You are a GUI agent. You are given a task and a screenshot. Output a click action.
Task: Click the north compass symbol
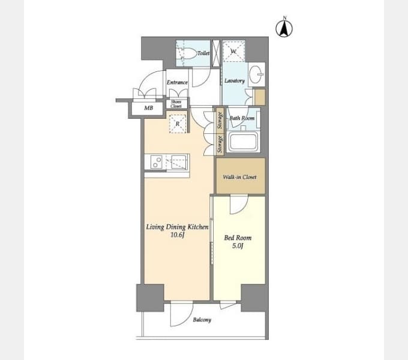point(284,28)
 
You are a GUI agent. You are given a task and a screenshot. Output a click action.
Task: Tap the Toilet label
point(203,53)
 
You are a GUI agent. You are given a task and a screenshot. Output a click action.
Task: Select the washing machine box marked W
point(233,51)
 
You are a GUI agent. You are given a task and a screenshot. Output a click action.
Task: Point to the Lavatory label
point(235,80)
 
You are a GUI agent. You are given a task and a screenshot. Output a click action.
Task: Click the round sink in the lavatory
point(256,74)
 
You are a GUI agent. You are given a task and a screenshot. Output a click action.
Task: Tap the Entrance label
point(177,82)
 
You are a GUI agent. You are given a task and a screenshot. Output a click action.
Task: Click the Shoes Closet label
point(176,104)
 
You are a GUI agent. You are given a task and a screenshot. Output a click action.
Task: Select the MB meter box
point(149,108)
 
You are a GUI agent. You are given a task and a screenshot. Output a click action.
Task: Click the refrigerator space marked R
point(178,124)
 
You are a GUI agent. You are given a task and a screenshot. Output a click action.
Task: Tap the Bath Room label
point(242,118)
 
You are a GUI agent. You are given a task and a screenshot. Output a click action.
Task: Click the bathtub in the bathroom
point(243,142)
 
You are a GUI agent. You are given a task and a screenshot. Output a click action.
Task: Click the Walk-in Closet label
point(239,177)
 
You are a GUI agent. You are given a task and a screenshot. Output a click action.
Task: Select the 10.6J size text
point(178,235)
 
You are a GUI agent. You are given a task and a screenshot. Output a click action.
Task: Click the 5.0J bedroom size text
point(238,245)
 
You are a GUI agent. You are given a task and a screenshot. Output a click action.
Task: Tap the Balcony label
point(202,320)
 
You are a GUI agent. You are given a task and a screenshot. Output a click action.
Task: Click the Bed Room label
point(238,238)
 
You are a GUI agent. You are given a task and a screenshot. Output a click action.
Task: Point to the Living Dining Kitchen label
point(177,227)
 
